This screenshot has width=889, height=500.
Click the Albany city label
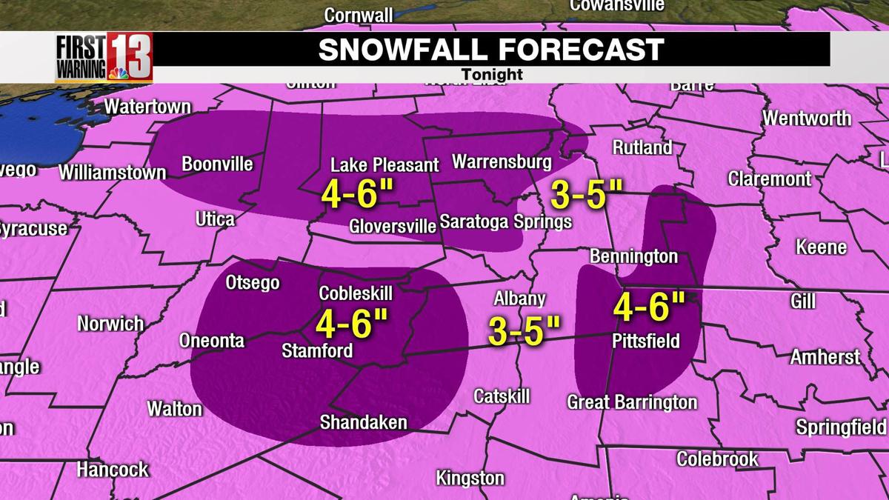click(x=520, y=299)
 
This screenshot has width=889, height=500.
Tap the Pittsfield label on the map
click(x=646, y=341)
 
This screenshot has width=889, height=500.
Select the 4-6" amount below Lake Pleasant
click(x=356, y=194)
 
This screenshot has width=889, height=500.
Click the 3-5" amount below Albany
click(x=525, y=330)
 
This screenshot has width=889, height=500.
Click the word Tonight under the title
click(x=492, y=75)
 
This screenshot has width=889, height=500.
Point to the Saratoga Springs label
click(x=505, y=221)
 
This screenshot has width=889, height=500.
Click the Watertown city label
click(x=147, y=107)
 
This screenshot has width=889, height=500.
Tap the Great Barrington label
click(x=632, y=402)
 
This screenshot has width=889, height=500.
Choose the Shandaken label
click(x=363, y=422)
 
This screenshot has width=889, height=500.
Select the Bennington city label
click(x=633, y=256)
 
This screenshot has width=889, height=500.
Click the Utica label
click(x=215, y=219)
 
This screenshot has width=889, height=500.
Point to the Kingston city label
click(x=470, y=479)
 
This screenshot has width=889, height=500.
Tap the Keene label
click(x=821, y=247)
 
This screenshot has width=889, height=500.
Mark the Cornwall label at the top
click(x=359, y=15)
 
